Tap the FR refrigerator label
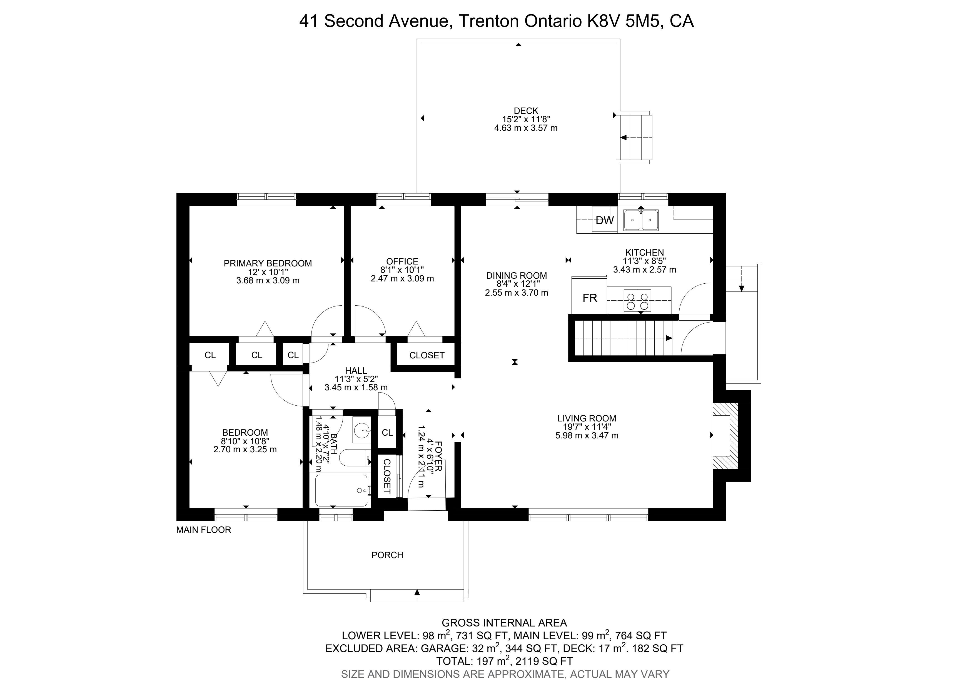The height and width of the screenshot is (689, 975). click(590, 298)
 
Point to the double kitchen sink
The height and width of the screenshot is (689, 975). click(641, 220)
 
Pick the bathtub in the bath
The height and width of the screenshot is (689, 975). click(341, 490)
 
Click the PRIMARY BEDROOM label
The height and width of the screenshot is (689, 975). click(268, 263)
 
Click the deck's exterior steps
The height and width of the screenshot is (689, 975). click(636, 137)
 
